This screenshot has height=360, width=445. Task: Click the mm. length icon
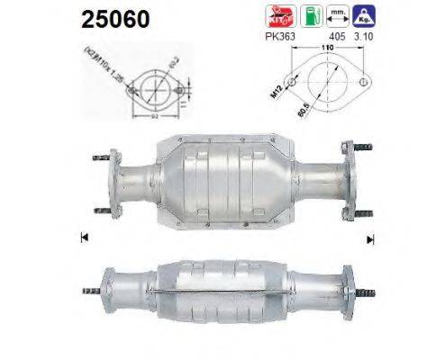338,14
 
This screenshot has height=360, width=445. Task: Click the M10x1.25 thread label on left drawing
94,67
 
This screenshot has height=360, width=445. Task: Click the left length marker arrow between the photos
84,238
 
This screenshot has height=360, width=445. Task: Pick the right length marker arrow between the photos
369,238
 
